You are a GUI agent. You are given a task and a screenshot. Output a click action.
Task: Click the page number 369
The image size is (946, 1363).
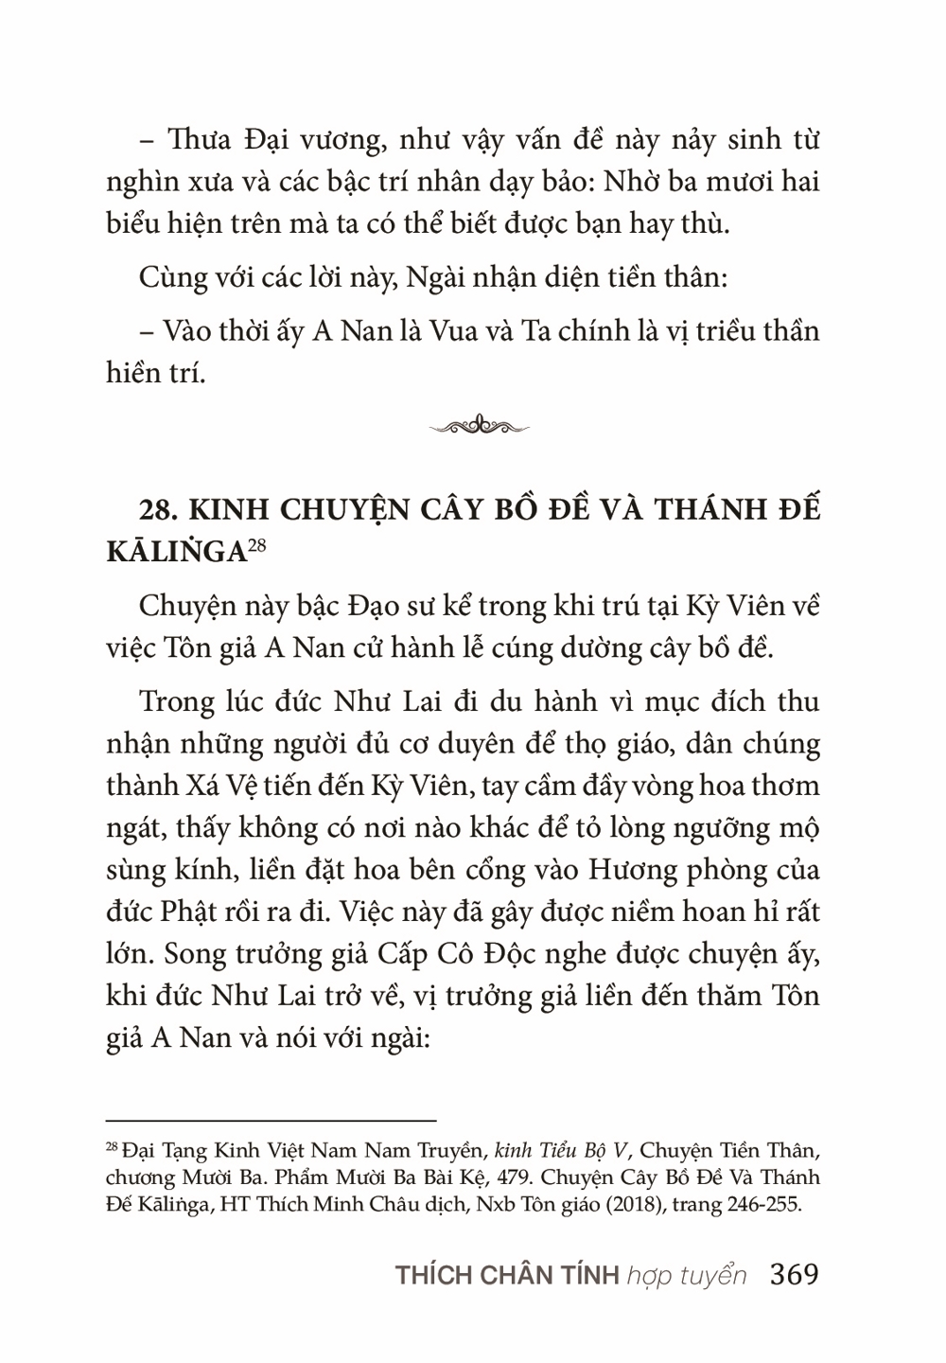click(x=794, y=1275)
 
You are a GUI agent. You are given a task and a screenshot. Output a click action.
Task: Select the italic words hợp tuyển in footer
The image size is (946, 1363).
click(x=686, y=1276)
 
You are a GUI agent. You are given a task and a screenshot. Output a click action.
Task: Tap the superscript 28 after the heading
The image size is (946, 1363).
click(x=257, y=543)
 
